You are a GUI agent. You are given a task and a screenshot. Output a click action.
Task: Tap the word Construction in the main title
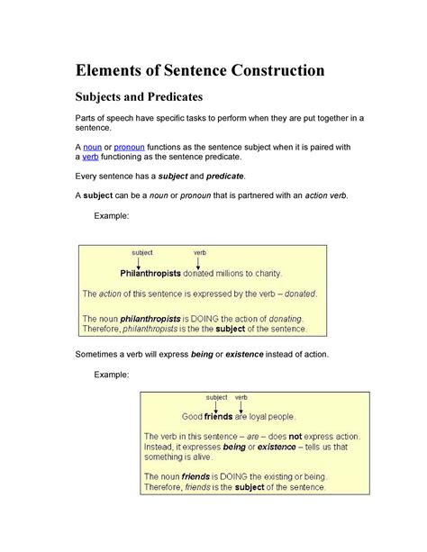272,69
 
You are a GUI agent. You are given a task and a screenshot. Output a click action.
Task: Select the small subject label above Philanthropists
142,253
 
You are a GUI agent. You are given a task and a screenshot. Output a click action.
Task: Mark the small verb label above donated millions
199,253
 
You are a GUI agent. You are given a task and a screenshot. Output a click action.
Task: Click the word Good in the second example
192,417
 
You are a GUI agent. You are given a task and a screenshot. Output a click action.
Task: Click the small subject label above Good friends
216,397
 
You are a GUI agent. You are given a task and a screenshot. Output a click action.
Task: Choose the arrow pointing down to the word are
241,407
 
